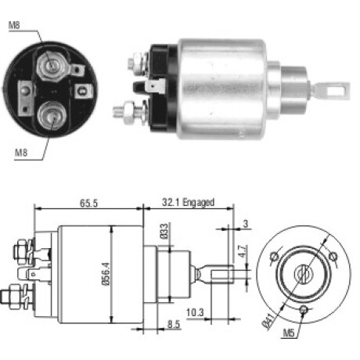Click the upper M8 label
pyautogui.click(x=14, y=25)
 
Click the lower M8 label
pyautogui.click(x=21, y=153)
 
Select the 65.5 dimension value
pyautogui.click(x=88, y=203)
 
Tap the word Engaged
pyautogui.click(x=199, y=203)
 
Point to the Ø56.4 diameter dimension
pyautogui.click(x=106, y=274)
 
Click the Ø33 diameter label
pyautogui.click(x=164, y=231)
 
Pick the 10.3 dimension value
pyautogui.click(x=195, y=312)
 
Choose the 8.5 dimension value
pyautogui.click(x=174, y=324)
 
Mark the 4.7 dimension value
pyautogui.click(x=243, y=251)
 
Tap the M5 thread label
pyautogui.click(x=289, y=333)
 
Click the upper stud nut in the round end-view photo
pyautogui.click(x=51, y=65)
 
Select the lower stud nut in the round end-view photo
pyautogui.click(x=52, y=116)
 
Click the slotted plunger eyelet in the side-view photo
pyautogui.click(x=332, y=90)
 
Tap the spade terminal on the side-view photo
pyautogui.click(x=154, y=87)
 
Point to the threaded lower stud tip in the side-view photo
pyautogui.click(x=118, y=111)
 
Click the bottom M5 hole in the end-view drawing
pyautogui.click(x=304, y=310)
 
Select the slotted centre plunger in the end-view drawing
pyautogui.click(x=303, y=274)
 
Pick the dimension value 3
pyautogui.click(x=245, y=224)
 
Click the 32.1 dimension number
pyautogui.click(x=171, y=203)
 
